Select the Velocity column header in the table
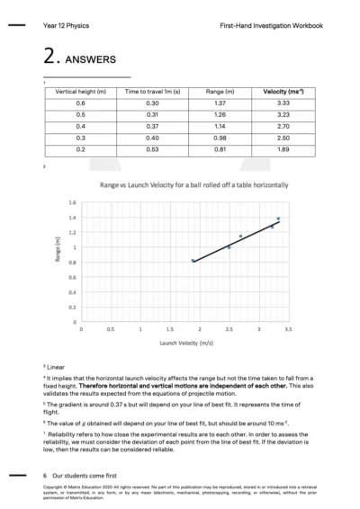[x=283, y=91]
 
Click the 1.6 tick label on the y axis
[x=72, y=202]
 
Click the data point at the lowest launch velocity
[x=193, y=261]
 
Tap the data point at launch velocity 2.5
[x=229, y=246]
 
